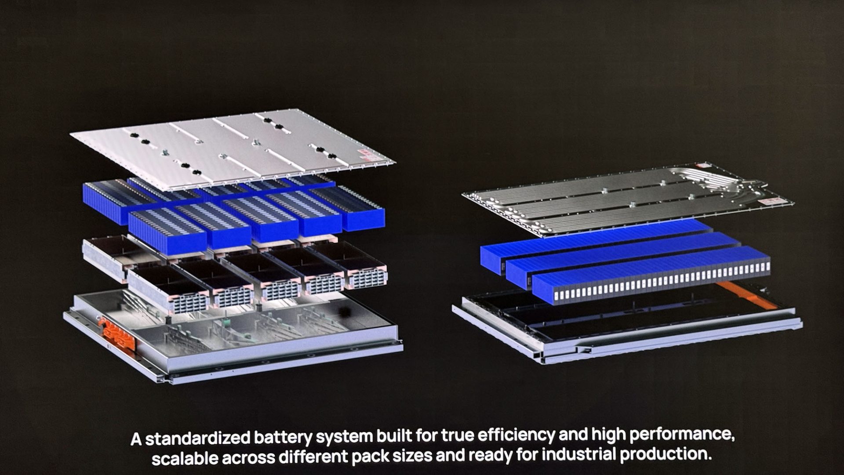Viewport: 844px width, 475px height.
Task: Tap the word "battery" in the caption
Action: click(284, 438)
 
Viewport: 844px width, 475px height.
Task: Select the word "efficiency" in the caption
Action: click(516, 435)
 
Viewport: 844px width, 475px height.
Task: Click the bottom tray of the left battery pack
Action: click(233, 338)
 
